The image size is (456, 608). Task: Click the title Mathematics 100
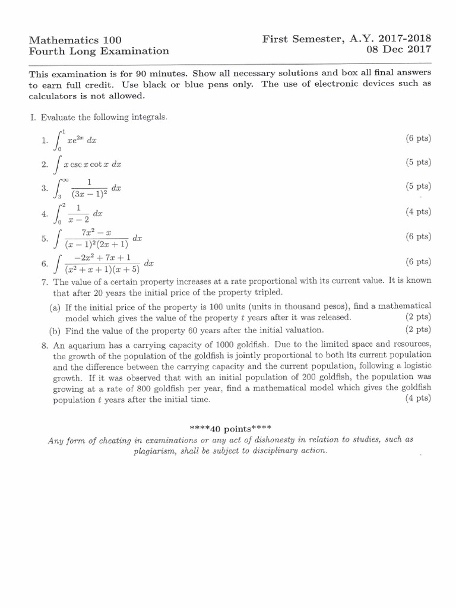pos(75,40)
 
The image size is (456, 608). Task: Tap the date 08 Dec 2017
pos(400,50)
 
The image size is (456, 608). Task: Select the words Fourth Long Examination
pos(99,51)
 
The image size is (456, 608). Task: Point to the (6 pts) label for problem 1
pos(419,138)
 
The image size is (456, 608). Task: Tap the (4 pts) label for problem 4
pos(419,211)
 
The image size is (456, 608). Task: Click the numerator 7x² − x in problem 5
pos(96,232)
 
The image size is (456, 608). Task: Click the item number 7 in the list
pos(44,281)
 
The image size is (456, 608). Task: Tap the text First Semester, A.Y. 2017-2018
pos(347,39)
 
